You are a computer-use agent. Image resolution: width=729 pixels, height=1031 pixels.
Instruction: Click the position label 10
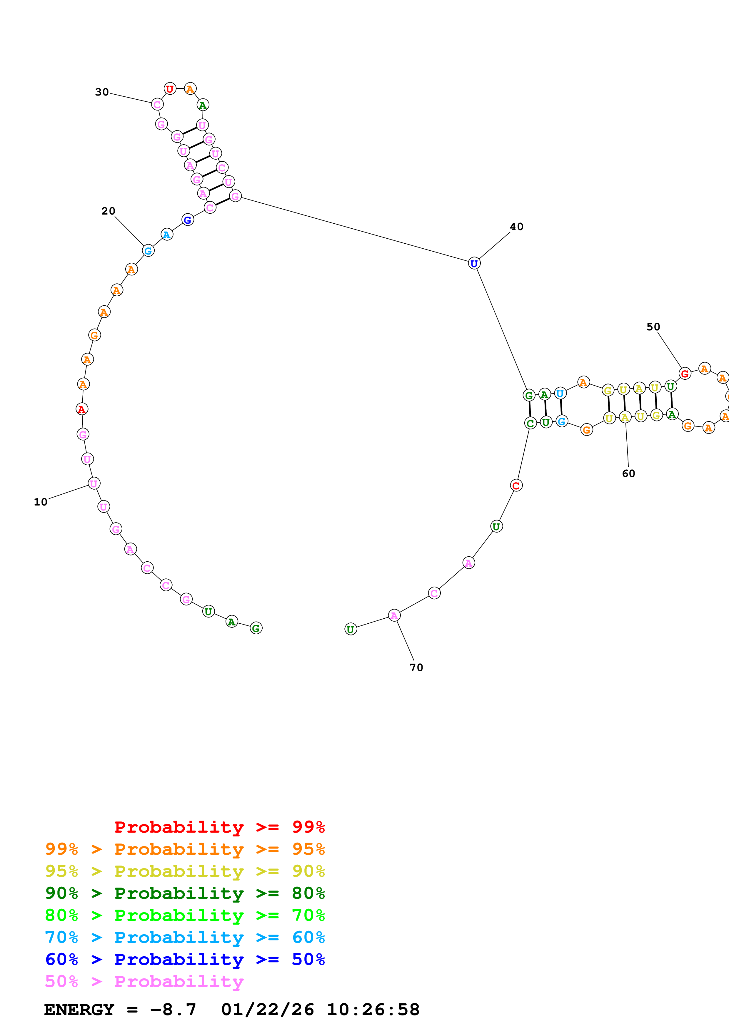[40, 502]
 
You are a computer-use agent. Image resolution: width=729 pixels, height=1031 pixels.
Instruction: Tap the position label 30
[102, 92]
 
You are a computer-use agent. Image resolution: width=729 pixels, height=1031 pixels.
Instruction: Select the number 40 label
[517, 227]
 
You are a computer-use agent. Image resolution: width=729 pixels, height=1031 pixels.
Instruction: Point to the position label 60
[628, 473]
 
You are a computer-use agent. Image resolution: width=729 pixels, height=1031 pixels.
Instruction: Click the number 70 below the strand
[416, 667]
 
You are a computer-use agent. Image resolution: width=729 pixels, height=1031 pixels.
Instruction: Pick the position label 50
[653, 327]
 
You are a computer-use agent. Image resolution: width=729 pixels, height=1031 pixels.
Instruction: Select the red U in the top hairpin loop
[170, 89]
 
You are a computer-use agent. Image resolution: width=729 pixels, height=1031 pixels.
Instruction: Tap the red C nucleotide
[516, 486]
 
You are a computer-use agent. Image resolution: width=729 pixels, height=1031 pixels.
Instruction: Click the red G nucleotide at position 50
[685, 373]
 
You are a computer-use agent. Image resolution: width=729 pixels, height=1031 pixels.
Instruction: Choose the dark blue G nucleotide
[188, 220]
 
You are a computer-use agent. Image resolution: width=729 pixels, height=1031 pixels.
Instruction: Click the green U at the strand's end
[350, 629]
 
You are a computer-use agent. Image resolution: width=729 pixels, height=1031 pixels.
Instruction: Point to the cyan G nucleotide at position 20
[148, 251]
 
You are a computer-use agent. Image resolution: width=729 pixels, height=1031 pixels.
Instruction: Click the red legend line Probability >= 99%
[219, 827]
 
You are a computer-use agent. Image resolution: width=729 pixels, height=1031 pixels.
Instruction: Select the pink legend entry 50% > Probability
[144, 982]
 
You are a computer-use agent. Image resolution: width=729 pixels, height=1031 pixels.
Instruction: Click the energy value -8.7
[173, 1010]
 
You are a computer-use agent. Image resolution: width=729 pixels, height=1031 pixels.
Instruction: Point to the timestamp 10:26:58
[373, 1010]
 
